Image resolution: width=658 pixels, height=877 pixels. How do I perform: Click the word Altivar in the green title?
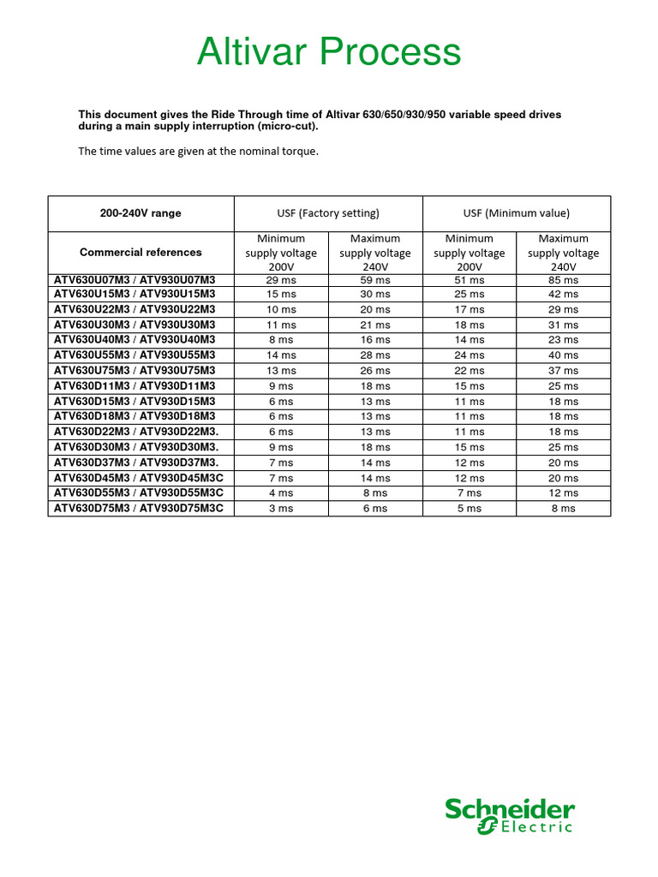tap(252, 52)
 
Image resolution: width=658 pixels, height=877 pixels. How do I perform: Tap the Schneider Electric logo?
tap(509, 814)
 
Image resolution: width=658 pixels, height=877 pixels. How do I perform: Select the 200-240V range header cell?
tap(141, 213)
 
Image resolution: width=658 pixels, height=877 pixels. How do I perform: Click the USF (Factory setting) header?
tap(328, 213)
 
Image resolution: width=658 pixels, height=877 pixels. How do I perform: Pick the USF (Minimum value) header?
tap(517, 213)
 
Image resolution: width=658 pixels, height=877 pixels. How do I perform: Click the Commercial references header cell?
tap(141, 253)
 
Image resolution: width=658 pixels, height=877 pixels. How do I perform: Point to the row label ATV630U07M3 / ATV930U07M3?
tap(135, 279)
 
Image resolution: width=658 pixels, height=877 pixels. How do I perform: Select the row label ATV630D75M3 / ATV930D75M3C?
tap(139, 508)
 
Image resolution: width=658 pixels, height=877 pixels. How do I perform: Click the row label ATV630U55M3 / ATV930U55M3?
tap(135, 355)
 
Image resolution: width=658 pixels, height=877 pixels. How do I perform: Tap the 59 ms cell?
tap(375, 280)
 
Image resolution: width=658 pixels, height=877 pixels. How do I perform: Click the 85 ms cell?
tap(564, 280)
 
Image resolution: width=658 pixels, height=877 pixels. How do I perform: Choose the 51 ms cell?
tap(470, 280)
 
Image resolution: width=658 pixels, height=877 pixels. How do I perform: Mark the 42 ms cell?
tap(564, 295)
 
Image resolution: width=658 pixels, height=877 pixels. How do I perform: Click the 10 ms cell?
tap(281, 310)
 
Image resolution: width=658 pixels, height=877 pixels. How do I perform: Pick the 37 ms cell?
tap(564, 371)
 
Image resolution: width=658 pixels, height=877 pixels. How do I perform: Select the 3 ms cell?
tap(281, 509)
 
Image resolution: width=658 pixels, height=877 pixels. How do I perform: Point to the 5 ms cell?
tap(470, 509)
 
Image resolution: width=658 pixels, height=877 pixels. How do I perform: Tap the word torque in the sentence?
tap(300, 152)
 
